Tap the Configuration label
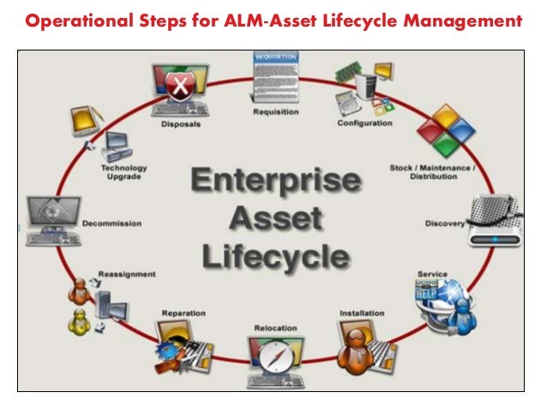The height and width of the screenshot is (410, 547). tap(364, 122)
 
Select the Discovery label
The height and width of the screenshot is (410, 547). tap(445, 224)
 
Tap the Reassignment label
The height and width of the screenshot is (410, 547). tap(126, 275)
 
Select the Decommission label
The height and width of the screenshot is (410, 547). tap(111, 223)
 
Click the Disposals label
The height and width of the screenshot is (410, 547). tap(180, 123)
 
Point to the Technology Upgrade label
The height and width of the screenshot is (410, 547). tap(123, 173)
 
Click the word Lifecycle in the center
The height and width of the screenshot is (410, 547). tap(273, 256)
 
